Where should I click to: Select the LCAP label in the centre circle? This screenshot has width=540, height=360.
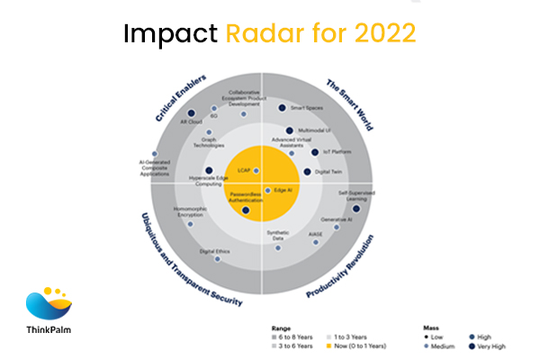(x=243, y=169)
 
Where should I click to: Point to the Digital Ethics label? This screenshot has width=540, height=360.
(x=212, y=251)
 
